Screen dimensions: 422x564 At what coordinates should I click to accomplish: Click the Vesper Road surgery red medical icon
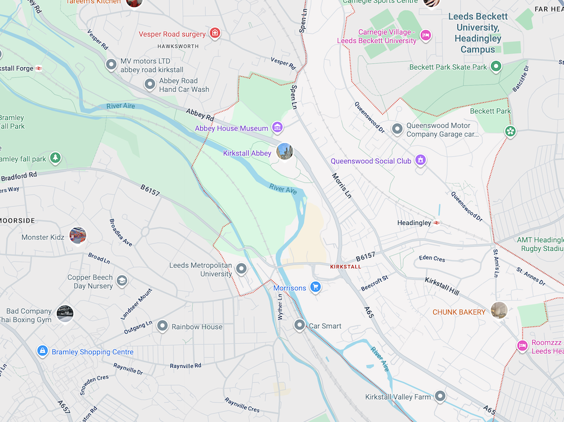point(214,33)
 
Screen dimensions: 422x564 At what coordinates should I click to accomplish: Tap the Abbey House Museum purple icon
point(277,127)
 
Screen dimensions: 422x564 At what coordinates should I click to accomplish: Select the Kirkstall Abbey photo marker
point(285,151)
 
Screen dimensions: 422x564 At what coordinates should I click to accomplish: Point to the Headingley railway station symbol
point(437,223)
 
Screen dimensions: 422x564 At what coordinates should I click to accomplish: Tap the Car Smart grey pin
point(300,325)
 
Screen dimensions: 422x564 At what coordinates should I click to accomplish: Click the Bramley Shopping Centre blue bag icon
point(42,351)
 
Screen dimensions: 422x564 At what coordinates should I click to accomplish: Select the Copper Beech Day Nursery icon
point(122,281)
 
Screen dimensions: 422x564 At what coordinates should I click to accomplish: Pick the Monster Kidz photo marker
point(78,235)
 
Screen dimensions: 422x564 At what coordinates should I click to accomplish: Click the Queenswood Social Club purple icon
point(420,160)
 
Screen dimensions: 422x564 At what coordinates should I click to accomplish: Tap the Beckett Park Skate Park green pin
point(496,67)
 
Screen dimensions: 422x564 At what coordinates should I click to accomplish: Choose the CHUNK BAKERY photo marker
point(499,310)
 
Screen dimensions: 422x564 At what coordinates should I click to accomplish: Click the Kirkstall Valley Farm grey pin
point(440,396)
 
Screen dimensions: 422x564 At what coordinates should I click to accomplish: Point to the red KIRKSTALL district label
point(345,267)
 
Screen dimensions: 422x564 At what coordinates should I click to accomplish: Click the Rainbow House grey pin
point(162,326)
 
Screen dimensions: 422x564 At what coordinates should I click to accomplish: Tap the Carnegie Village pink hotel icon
point(426,36)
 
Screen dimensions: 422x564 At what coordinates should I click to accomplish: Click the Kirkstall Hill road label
point(442,285)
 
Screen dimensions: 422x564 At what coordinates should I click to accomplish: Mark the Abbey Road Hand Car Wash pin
point(149,85)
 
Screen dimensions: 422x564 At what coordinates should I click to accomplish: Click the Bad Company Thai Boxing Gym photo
point(65,314)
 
